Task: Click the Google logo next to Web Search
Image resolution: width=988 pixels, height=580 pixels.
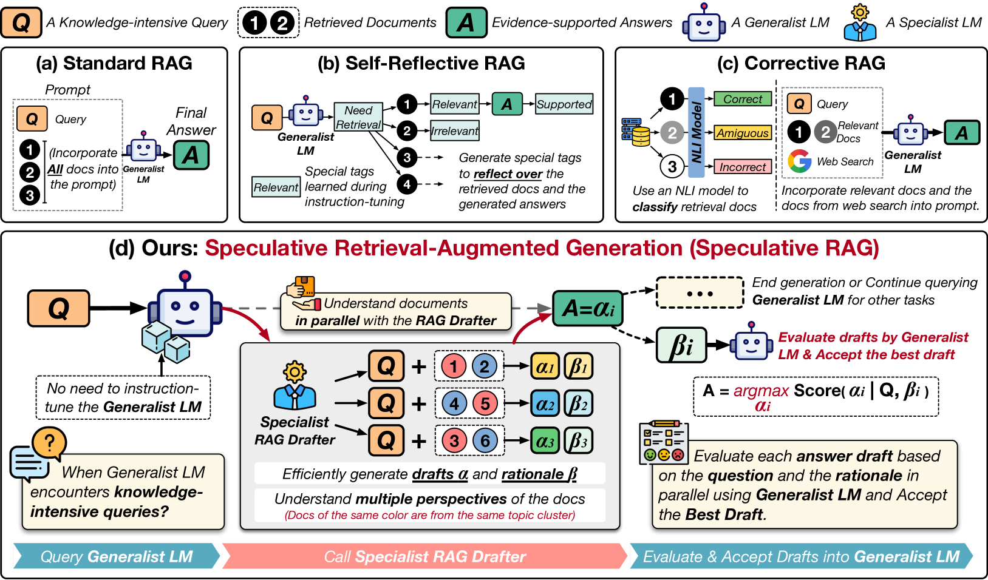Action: (x=800, y=161)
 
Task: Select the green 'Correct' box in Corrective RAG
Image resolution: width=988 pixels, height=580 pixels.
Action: (x=743, y=99)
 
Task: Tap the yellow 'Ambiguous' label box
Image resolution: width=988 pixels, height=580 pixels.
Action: (x=743, y=133)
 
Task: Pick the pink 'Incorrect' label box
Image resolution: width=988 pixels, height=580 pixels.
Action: (x=743, y=167)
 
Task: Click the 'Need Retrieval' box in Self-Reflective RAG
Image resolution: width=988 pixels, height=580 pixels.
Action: (x=358, y=117)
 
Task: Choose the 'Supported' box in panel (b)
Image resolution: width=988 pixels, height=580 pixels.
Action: (x=564, y=104)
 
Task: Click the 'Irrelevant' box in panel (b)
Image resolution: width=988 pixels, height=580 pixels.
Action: (x=455, y=130)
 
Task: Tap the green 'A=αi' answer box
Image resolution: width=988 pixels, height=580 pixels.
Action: (x=588, y=308)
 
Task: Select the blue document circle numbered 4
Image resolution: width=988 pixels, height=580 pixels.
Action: (x=454, y=403)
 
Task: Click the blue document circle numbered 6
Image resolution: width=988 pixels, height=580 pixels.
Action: (x=485, y=441)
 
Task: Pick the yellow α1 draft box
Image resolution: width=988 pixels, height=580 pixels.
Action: (x=545, y=366)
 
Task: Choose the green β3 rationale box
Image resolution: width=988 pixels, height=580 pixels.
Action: (x=578, y=441)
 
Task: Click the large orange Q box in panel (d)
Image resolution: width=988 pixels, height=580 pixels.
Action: (x=59, y=308)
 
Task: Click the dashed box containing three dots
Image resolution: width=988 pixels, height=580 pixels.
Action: (x=700, y=294)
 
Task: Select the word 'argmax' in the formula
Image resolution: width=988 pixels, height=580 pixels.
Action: (x=761, y=391)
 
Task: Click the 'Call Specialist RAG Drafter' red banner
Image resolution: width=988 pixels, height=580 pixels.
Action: (x=424, y=556)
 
